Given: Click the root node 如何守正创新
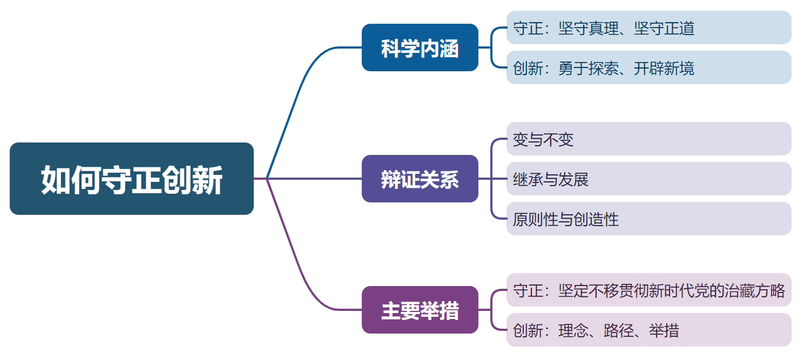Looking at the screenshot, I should (131, 179).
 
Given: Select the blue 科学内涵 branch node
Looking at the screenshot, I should (420, 47).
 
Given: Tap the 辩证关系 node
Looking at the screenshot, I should (420, 179).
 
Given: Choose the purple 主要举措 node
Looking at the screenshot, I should (420, 310).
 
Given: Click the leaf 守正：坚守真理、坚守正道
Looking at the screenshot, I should (648, 28).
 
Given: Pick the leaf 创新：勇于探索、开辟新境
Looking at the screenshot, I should (648, 67).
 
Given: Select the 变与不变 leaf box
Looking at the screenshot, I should (648, 139).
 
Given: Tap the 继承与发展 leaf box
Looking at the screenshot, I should (648, 179).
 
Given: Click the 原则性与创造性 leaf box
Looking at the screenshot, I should (648, 219).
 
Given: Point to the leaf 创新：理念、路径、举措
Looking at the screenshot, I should (648, 330).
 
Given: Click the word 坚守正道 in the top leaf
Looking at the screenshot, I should (664, 28).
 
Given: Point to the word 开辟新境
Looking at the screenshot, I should (664, 68).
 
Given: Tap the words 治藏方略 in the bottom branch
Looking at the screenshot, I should (755, 290).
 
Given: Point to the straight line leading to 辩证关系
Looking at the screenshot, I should (313, 179).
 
